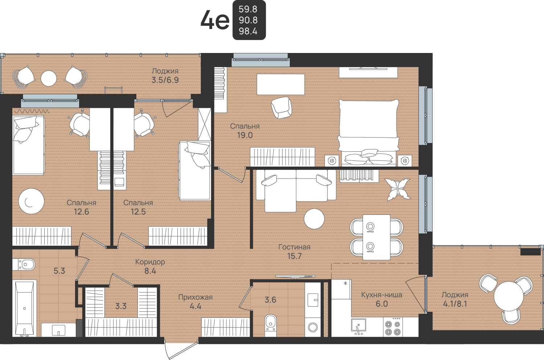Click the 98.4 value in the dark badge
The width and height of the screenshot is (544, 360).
click(248, 31)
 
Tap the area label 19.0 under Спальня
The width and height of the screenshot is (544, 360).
click(245, 135)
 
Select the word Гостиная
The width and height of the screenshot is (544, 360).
click(294, 247)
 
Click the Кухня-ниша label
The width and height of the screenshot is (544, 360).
click(382, 295)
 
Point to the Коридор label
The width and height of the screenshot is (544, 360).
click(150, 262)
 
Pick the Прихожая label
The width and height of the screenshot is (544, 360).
click(195, 297)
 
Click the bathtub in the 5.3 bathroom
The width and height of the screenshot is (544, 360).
click(24, 308)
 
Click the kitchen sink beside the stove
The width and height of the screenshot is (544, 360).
click(358, 326)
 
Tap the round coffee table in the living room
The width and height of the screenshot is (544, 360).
click(314, 219)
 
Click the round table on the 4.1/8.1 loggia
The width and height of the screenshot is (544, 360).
click(509, 296)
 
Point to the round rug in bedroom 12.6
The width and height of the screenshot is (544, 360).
click(32, 201)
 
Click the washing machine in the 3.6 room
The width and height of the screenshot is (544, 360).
click(313, 327)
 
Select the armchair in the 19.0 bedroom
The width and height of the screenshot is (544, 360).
click(281, 108)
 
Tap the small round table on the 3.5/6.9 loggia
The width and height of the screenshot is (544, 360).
click(49, 78)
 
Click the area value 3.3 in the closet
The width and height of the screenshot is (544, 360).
click(121, 306)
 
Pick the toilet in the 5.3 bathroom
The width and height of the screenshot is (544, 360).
click(24, 265)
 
